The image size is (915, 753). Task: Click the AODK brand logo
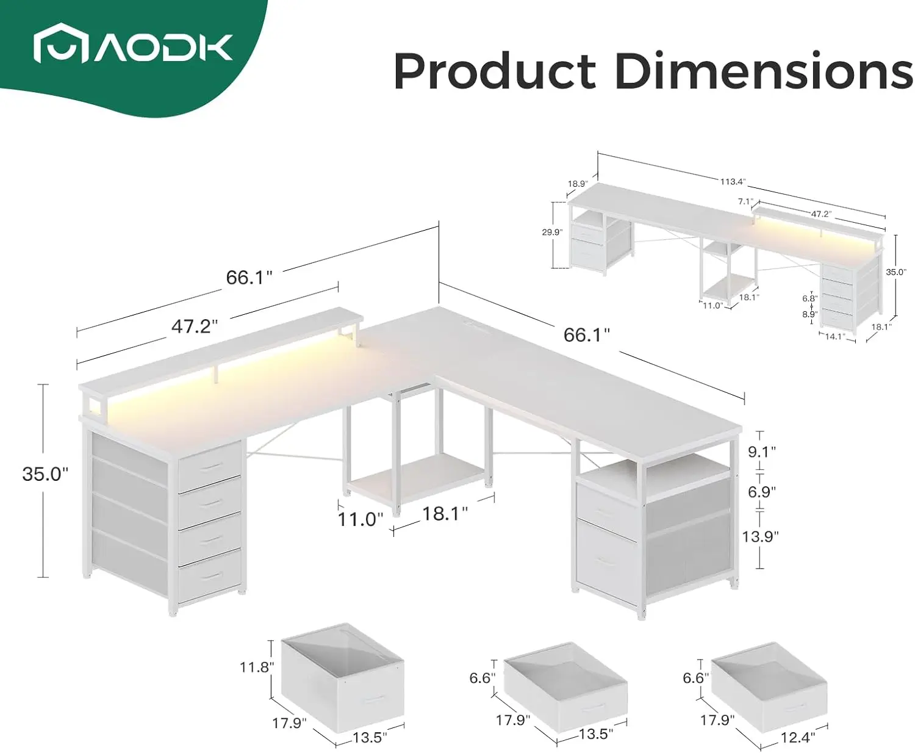tap(133, 43)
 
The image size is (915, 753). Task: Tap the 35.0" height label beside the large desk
tap(46, 474)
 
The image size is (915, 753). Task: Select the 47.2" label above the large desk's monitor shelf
tap(195, 326)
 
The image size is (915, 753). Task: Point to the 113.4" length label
tap(733, 182)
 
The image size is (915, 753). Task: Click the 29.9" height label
tap(552, 232)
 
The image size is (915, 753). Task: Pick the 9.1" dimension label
tap(762, 452)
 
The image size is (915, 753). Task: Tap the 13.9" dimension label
tap(760, 536)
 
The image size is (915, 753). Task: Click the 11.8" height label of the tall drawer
tap(257, 667)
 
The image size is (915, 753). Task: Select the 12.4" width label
tap(798, 737)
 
